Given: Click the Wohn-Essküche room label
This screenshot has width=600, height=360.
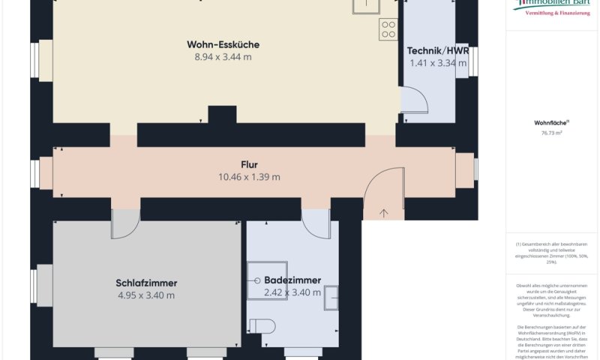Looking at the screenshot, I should coord(223,44).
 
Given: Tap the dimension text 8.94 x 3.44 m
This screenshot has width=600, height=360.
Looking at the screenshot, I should coord(223,57).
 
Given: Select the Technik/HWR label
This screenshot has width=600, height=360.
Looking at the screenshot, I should coord(437,51).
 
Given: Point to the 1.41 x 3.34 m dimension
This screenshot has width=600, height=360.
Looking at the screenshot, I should coord(438,64).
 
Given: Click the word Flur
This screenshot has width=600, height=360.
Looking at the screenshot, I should coord(249,164).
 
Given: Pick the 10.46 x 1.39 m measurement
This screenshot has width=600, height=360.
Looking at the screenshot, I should coord(249,177).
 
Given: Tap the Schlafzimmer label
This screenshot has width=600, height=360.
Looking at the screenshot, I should coord(146,283).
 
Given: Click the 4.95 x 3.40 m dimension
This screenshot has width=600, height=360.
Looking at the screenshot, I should coord(146,295).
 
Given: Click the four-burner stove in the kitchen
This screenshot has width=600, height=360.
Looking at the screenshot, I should coord(388,29).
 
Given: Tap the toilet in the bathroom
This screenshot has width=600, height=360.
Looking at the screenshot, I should coord(263,325).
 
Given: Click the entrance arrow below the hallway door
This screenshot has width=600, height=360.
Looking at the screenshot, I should coord(385,213).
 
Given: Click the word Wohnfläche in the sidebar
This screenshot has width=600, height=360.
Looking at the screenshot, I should coord(551,121).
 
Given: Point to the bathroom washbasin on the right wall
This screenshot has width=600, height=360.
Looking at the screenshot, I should coord(331,297).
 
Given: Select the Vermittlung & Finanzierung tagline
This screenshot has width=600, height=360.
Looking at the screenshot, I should coord(556,13).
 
